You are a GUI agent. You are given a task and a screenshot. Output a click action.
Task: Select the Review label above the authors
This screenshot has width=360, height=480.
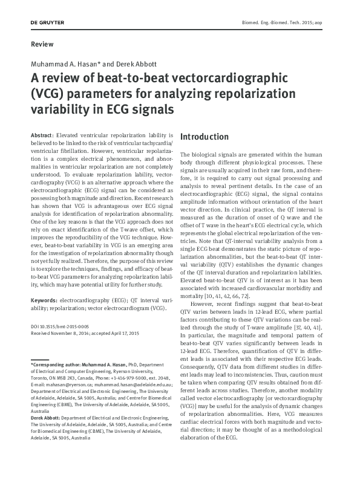[41, 44]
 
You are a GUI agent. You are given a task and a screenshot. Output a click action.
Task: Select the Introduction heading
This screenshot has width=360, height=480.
[205, 137]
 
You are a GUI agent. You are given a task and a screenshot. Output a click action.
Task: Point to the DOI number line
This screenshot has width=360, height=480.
[59, 326]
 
